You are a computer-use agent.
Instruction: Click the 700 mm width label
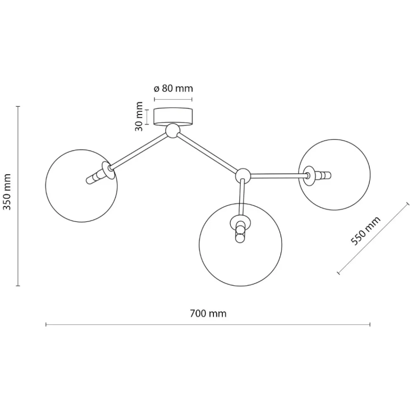pos(208,314)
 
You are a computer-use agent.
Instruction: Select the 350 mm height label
pos(7,192)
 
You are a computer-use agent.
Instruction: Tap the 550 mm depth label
pos(365,231)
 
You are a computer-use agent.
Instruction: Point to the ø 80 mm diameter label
pos(173,88)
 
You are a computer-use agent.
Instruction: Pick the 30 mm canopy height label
pos(139,117)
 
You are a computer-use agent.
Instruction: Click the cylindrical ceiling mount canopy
pos(173,116)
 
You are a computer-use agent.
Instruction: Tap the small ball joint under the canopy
pos(173,131)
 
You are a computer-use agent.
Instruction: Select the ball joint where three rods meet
pos(243,176)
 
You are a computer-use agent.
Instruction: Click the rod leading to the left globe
pos(138,151)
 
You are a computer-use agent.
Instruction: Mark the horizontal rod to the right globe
pos(278,175)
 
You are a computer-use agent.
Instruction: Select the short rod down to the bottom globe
pos(241,198)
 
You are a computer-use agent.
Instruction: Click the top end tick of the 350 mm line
pos(18,106)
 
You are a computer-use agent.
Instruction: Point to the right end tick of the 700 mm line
pos(370,325)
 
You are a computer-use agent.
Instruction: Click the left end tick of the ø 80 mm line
pos(154,99)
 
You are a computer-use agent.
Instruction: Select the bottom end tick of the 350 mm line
pos(18,286)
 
